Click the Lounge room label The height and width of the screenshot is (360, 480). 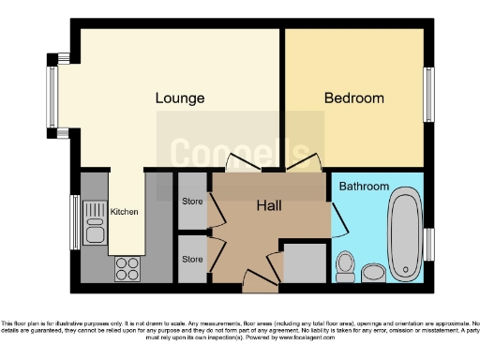(x=180, y=97)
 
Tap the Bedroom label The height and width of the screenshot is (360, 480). (x=353, y=97)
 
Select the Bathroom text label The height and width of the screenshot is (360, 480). (x=363, y=187)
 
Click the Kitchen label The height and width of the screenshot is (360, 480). (x=125, y=212)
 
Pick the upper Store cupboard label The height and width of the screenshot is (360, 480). (x=192, y=200)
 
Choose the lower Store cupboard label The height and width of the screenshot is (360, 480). (x=192, y=259)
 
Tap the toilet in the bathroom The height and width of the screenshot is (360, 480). (x=345, y=265)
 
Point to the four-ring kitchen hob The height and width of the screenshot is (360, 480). (x=127, y=269)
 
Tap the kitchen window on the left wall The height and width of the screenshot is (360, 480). (x=74, y=222)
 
